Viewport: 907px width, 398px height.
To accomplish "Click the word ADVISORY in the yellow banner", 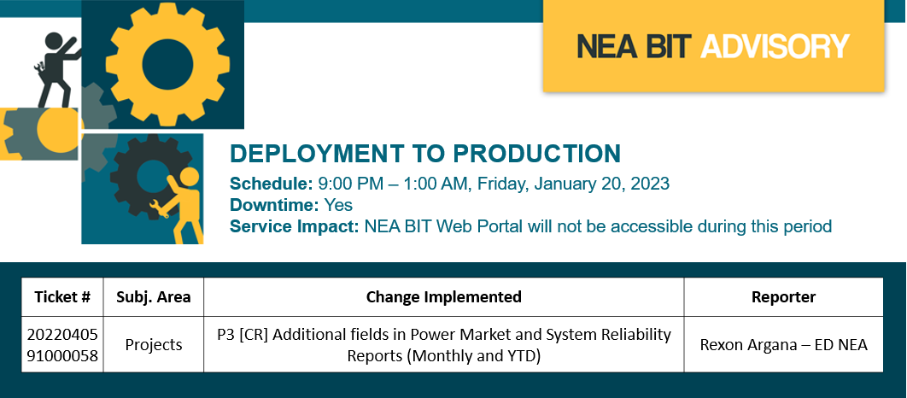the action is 775,46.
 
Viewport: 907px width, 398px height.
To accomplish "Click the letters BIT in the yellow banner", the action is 664,46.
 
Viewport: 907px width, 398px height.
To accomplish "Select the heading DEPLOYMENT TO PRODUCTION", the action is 425,154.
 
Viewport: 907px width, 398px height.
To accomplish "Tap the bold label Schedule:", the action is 272,184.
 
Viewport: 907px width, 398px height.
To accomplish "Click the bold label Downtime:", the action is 274,205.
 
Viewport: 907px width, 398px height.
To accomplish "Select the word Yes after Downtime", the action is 338,205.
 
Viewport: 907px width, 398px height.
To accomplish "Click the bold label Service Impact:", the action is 295,225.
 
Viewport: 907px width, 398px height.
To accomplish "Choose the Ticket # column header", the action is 62,297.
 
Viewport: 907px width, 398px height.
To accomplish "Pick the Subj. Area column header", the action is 153,297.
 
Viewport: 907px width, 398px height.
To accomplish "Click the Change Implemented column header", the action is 443,297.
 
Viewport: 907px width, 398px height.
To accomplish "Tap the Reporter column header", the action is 783,297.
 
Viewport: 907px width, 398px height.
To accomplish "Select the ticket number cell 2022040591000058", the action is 62,345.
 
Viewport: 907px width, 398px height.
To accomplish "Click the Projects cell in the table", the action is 154,345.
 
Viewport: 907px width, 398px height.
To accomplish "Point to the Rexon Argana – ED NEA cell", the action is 784,345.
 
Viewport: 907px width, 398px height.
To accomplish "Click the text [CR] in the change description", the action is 251,334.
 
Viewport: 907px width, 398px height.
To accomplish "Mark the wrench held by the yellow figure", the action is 159,208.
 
